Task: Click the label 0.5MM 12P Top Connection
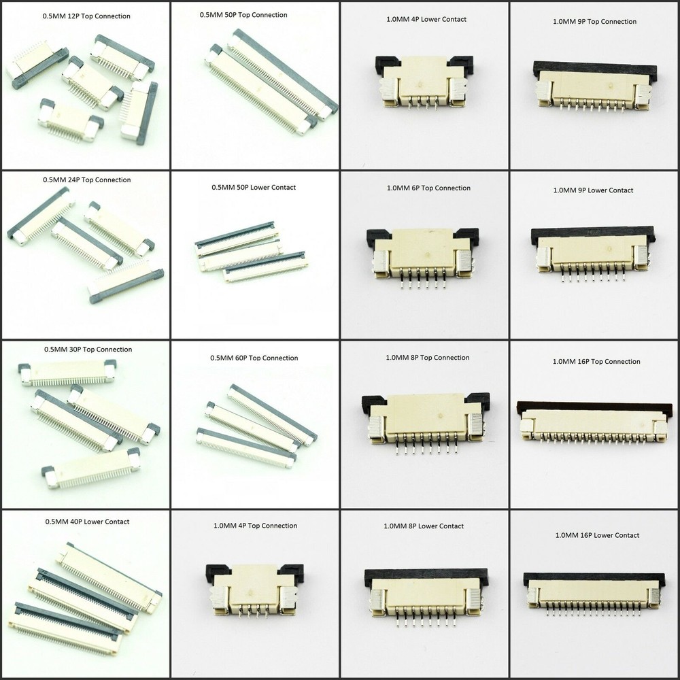click(86, 16)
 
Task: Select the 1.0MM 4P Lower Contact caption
click(425, 19)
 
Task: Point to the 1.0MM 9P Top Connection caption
click(594, 22)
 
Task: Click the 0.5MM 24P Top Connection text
click(86, 180)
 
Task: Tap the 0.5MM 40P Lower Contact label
click(86, 522)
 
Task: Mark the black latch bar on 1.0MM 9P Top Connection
click(595, 69)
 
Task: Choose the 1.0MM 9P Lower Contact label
click(593, 190)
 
